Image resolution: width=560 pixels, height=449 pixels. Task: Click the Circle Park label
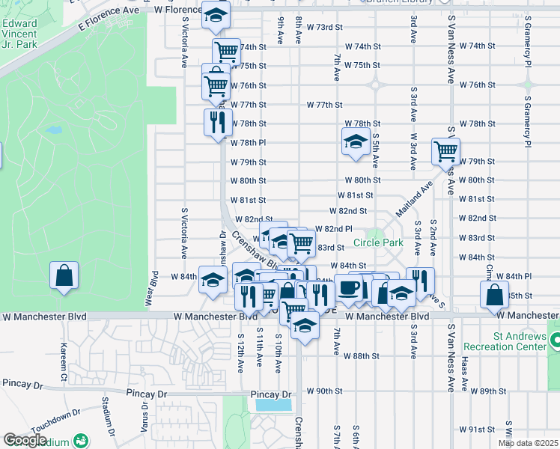(378, 242)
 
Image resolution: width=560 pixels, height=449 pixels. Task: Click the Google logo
(24, 440)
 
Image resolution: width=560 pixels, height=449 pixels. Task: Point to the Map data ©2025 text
(529, 443)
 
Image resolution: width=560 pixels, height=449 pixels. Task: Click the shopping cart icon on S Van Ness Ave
(445, 151)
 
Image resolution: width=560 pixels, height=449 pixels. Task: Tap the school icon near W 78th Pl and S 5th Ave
(356, 141)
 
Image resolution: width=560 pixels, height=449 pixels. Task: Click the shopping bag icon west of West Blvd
(64, 275)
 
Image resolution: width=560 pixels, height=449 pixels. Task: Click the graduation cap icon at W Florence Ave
(216, 16)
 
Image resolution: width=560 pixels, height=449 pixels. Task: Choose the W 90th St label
(324, 391)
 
